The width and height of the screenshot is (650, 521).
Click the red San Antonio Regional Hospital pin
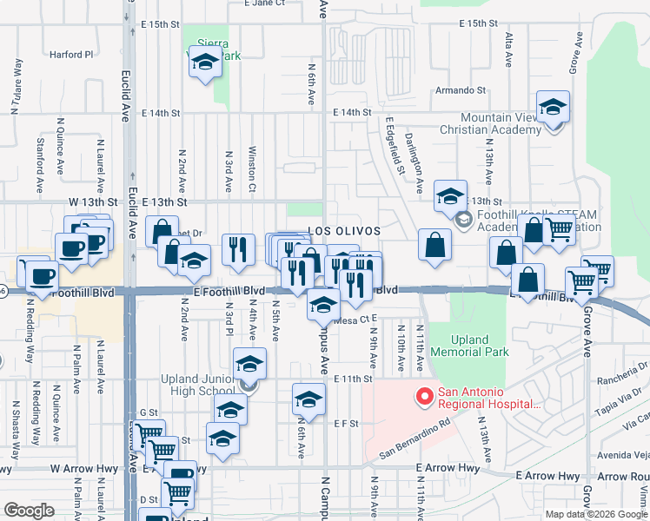coord(425,398)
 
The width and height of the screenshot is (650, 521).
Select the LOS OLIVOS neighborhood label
coord(345,232)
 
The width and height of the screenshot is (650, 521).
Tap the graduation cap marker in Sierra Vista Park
coord(205,63)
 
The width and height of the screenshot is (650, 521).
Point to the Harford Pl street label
coord(71,55)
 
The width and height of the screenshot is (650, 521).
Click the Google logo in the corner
coord(29,511)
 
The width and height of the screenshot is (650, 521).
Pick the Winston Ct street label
coord(252,169)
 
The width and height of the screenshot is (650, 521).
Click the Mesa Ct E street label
coord(354,320)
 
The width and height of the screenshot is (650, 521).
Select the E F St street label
coord(347,423)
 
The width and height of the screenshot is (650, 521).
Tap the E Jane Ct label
coord(265,3)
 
